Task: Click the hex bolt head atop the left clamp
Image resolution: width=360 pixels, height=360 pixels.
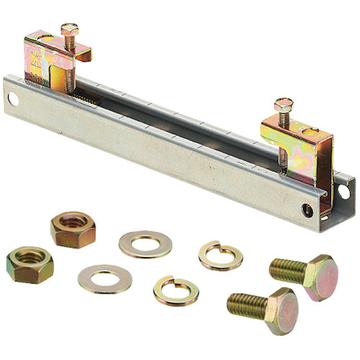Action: coord(69,29)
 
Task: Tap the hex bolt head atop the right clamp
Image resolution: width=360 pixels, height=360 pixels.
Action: coord(283,105)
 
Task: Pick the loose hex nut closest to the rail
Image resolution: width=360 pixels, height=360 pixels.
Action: coord(73,229)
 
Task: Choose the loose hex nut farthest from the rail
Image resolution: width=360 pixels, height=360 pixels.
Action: coord(30,264)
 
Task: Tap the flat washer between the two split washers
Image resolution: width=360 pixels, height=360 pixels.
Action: coord(145,243)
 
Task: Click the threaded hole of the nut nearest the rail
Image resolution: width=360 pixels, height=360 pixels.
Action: coord(73,225)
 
